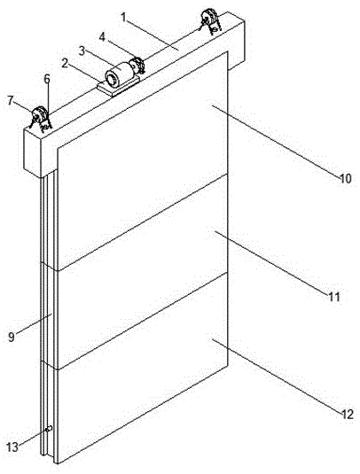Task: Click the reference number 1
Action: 124,17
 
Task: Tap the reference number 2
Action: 65,64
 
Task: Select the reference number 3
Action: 82,51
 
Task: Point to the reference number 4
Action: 102,37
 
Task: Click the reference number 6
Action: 47,79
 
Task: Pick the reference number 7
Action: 12,101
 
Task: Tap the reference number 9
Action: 12,337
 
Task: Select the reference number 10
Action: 345,178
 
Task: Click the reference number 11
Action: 334,297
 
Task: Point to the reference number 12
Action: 347,414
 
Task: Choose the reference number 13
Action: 13,447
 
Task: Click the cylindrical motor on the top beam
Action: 119,74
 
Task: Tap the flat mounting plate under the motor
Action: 119,86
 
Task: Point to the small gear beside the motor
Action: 137,65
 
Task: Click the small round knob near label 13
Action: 49,428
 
